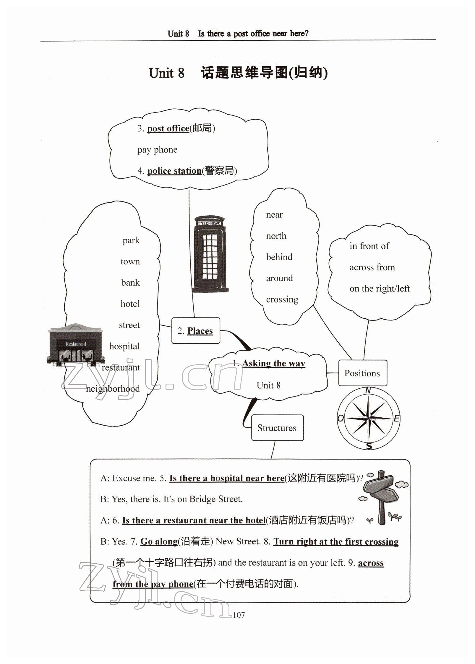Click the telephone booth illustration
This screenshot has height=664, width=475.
click(209, 254)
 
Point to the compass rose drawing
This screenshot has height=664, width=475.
click(369, 418)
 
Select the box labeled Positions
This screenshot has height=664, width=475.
click(362, 373)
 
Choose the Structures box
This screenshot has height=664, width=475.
click(277, 428)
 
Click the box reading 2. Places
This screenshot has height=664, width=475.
click(196, 331)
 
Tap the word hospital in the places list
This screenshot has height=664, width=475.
click(124, 346)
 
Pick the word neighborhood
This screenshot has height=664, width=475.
click(113, 389)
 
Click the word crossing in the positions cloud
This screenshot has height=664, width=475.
click(282, 300)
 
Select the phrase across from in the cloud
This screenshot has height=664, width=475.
click(372, 267)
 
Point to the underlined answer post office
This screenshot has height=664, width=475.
click(168, 128)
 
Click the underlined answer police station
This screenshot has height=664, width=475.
click(174, 171)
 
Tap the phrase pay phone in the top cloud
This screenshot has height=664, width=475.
click(157, 150)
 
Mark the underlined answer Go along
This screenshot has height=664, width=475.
click(159, 541)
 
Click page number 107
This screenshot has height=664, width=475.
click(239, 615)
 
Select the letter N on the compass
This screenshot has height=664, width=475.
click(368, 391)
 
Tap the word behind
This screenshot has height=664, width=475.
click(279, 257)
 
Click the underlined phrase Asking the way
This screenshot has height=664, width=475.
click(274, 363)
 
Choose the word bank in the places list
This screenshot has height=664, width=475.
click(130, 283)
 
